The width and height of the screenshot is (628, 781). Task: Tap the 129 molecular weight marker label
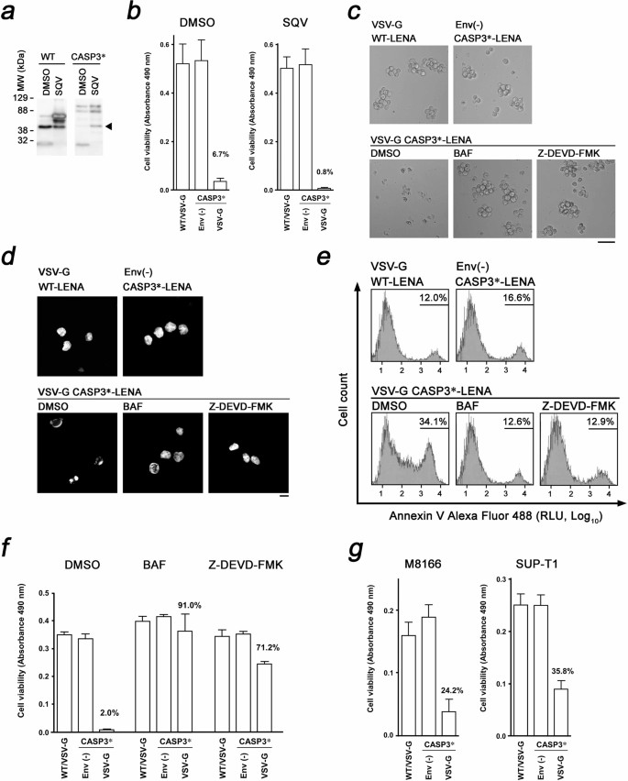[21, 95]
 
